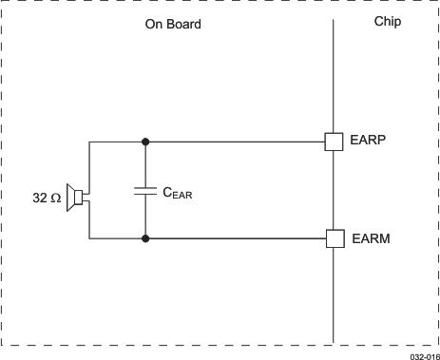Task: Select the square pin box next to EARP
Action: click(x=334, y=142)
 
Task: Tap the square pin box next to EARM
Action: click(x=334, y=237)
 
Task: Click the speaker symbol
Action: click(x=75, y=198)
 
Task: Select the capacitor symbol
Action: click(x=144, y=190)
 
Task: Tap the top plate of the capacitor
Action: click(x=144, y=186)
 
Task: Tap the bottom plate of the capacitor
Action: click(x=144, y=194)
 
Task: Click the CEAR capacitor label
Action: click(x=179, y=193)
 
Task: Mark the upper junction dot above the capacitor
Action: click(x=144, y=142)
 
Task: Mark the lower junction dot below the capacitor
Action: click(x=144, y=237)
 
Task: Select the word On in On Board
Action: click(x=154, y=24)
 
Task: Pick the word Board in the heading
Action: click(x=183, y=24)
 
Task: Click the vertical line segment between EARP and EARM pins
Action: click(x=334, y=190)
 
